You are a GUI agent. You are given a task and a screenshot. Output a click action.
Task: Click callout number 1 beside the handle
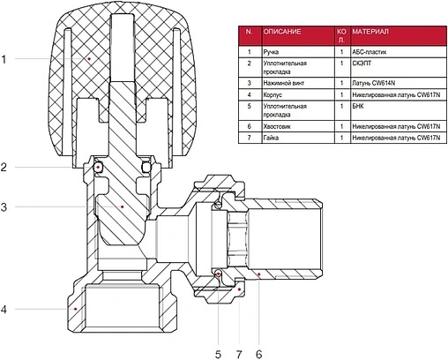pyautogui.click(x=4, y=59)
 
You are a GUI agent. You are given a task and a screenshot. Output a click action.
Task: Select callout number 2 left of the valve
pyautogui.click(x=4, y=168)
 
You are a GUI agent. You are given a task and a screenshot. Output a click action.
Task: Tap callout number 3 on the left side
pyautogui.click(x=4, y=207)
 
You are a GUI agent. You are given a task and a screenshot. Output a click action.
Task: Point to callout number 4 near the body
pyautogui.click(x=4, y=310)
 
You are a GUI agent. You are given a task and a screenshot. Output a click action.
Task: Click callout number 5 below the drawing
pyautogui.click(x=218, y=355)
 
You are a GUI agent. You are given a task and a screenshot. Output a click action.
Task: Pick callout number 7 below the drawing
pyautogui.click(x=239, y=355)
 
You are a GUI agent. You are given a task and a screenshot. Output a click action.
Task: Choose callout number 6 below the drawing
pyautogui.click(x=258, y=355)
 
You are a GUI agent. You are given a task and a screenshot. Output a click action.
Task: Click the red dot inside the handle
pyautogui.click(x=89, y=59)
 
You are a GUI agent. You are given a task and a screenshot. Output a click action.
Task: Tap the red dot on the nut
pyautogui.click(x=240, y=289)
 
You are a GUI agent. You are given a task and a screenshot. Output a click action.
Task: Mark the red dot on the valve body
pyautogui.click(x=76, y=309)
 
